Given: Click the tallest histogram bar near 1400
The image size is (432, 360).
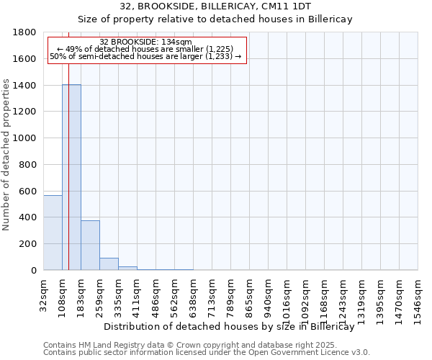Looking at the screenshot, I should click(71, 177).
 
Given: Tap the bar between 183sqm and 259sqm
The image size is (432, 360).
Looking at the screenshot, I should click(90, 245).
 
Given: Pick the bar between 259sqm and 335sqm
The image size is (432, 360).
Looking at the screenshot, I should click(109, 264).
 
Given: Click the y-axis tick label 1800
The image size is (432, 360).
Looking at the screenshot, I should click(25, 32).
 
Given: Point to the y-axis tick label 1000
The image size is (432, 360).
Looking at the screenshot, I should click(25, 138).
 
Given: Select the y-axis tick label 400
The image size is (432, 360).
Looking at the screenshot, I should click(28, 217).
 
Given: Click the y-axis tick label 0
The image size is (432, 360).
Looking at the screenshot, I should click(33, 270).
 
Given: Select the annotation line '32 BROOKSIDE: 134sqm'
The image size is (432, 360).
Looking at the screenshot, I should click(146, 42).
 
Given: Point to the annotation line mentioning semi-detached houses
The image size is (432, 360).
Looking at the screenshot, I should click(146, 56).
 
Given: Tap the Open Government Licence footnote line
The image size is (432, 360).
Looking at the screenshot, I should click(206, 352).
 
